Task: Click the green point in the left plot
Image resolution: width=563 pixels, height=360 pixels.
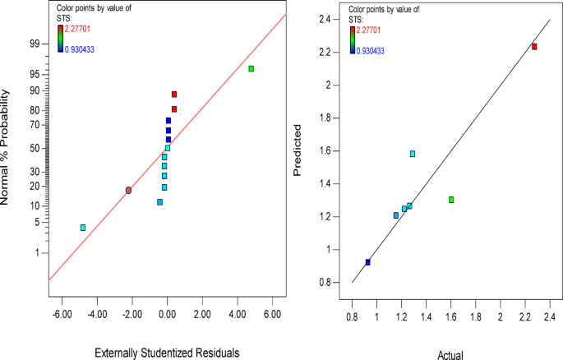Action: click(x=252, y=69)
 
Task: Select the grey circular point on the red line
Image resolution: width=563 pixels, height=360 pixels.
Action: click(x=129, y=190)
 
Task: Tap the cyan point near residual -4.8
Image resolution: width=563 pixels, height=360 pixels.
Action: click(x=83, y=228)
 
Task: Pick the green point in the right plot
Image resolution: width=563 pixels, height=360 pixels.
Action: click(x=451, y=200)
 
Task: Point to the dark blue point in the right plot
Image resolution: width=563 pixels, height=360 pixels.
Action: click(x=367, y=262)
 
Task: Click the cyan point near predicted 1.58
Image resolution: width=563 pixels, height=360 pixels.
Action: click(x=413, y=154)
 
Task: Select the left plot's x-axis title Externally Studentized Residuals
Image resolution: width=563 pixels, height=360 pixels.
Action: click(x=167, y=353)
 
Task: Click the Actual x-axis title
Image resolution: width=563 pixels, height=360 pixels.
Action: click(x=451, y=354)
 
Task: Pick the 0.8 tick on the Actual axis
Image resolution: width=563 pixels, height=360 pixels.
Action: click(x=352, y=316)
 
